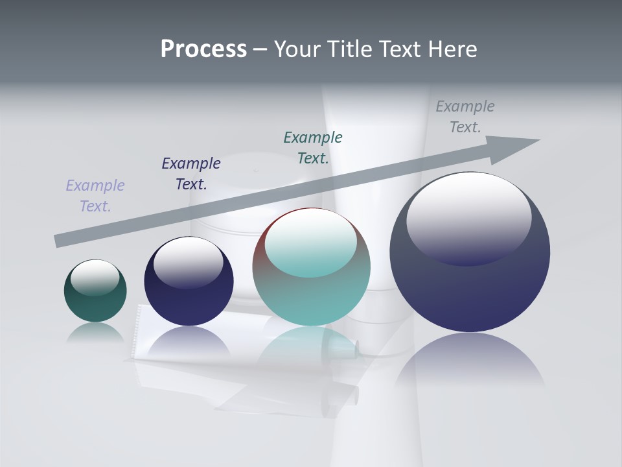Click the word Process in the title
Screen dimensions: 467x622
click(x=203, y=49)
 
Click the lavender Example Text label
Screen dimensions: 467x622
click(x=95, y=195)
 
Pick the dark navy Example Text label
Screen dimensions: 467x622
click(x=191, y=173)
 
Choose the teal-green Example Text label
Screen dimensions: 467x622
click(x=313, y=147)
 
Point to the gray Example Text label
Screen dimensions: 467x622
click(x=465, y=117)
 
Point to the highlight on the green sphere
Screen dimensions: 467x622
click(x=95, y=276)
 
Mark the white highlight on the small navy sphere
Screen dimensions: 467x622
click(x=189, y=261)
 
